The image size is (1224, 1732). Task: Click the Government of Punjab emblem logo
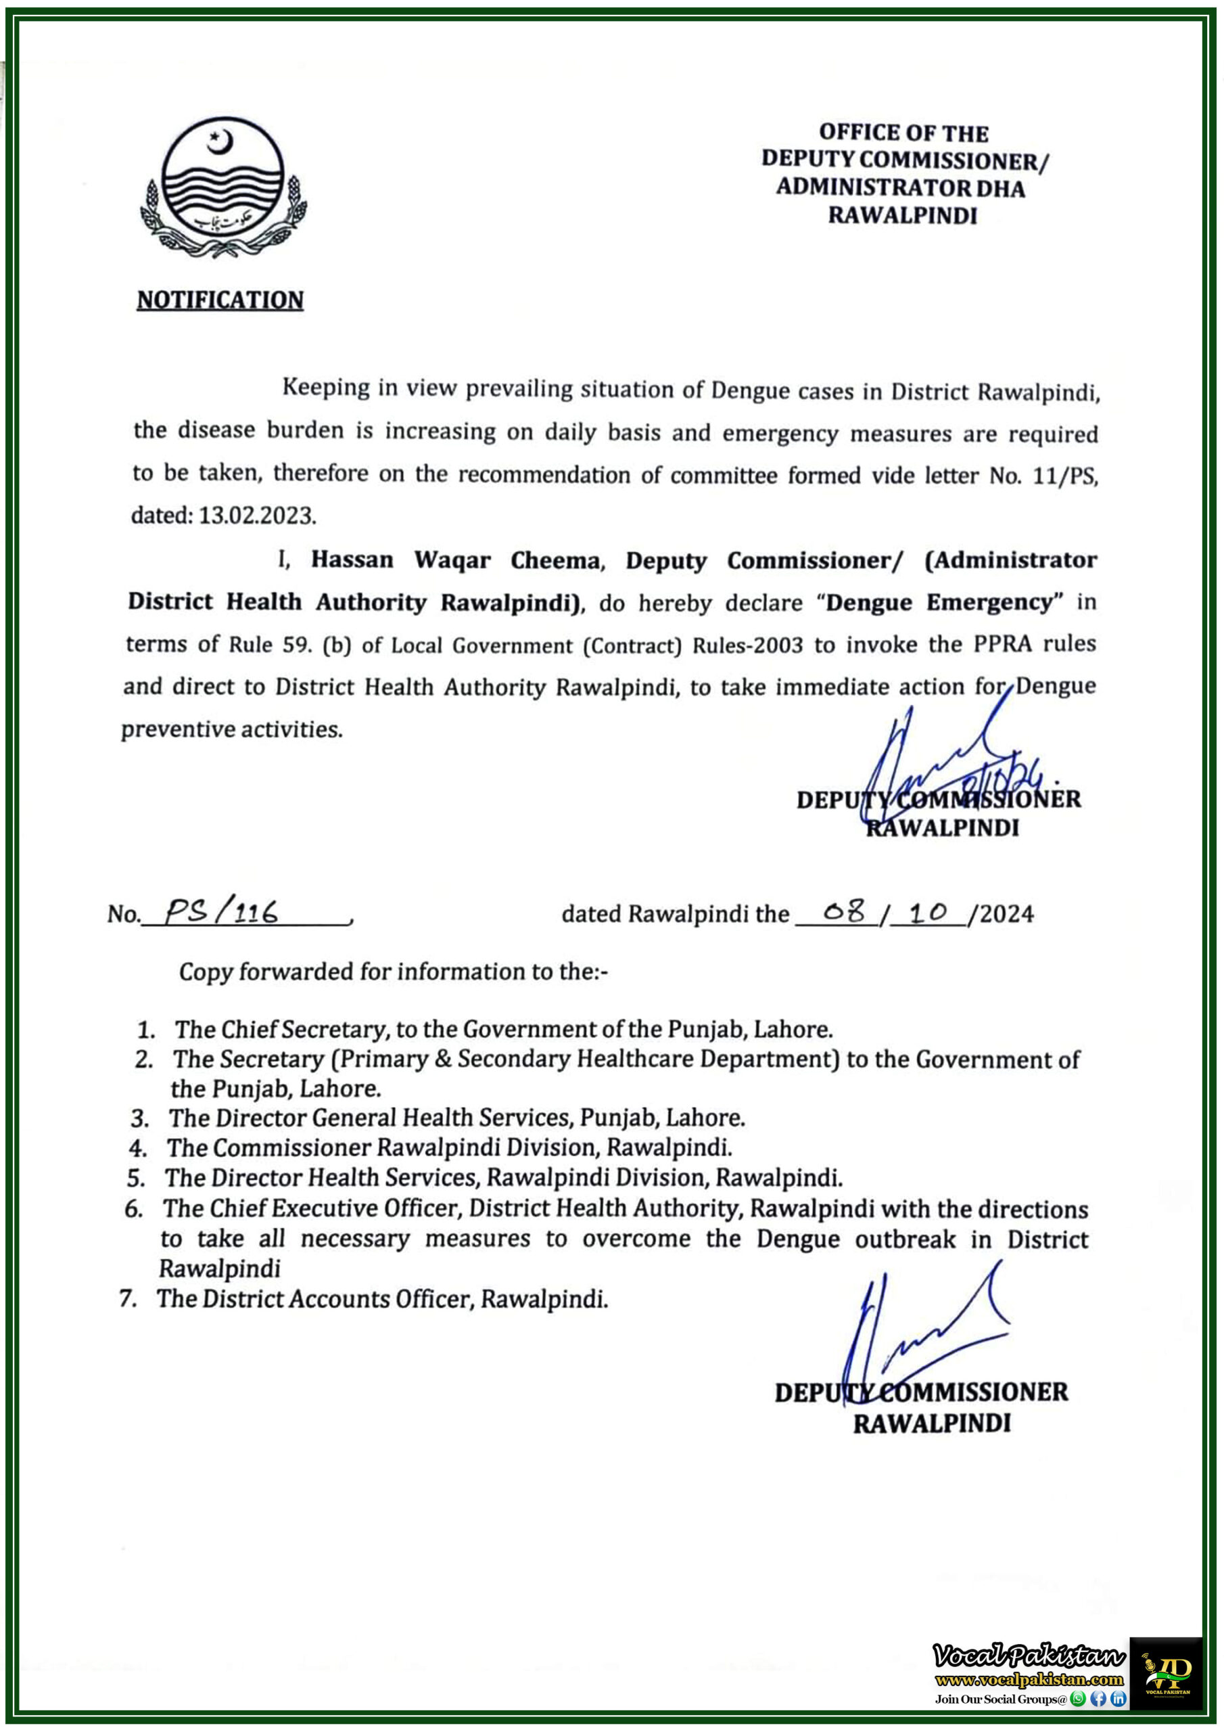click(x=223, y=190)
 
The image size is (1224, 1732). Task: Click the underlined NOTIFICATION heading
click(x=220, y=300)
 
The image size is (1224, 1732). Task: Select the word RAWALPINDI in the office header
click(x=902, y=215)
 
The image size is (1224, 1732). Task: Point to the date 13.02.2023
click(x=256, y=516)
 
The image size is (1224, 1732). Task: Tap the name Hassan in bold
click(x=352, y=560)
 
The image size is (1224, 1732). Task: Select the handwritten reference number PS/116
click(x=221, y=913)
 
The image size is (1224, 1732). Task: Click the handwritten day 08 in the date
click(x=843, y=912)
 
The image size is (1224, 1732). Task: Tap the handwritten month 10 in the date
click(x=928, y=912)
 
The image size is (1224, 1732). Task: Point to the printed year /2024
click(x=1002, y=914)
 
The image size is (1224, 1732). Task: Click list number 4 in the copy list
click(x=137, y=1149)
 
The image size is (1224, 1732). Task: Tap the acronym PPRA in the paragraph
click(x=1003, y=643)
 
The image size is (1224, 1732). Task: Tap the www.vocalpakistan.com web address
click(x=1029, y=1680)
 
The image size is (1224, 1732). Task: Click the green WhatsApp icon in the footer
click(x=1078, y=1698)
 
